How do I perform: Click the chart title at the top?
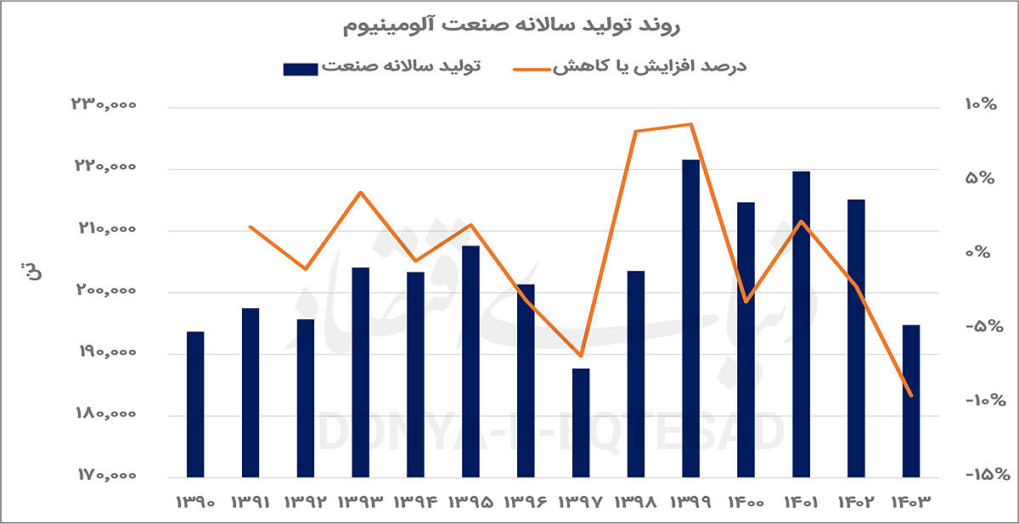pos(509,25)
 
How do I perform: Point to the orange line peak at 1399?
pos(692,124)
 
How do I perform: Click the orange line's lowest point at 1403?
pos(911,396)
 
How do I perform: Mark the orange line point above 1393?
pos(361,192)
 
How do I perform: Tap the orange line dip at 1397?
pos(581,356)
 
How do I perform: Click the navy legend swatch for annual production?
pos(300,68)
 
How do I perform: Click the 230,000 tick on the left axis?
pos(104,105)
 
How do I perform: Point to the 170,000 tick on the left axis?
pos(104,476)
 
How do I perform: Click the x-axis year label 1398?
pos(636,503)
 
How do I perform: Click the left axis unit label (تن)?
pos(27,273)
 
